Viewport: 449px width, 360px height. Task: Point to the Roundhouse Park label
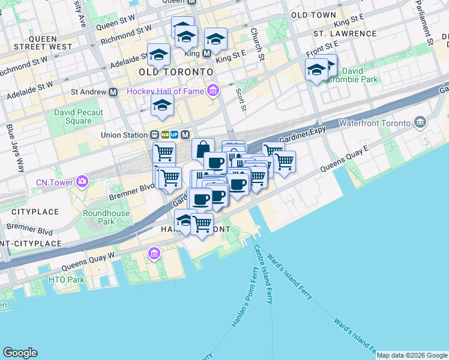(x=98, y=217)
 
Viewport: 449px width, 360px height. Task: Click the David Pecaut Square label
(x=79, y=116)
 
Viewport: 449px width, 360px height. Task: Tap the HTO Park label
(x=67, y=280)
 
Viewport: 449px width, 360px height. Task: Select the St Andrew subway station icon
(x=113, y=92)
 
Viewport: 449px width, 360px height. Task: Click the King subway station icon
(x=206, y=53)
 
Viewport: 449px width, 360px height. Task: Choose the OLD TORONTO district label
(x=176, y=72)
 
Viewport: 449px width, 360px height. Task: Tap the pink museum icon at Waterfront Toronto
(x=420, y=123)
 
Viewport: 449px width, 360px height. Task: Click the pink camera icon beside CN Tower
(x=82, y=180)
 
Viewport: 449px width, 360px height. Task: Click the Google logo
(x=20, y=352)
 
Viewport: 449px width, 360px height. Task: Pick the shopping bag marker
(x=203, y=149)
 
